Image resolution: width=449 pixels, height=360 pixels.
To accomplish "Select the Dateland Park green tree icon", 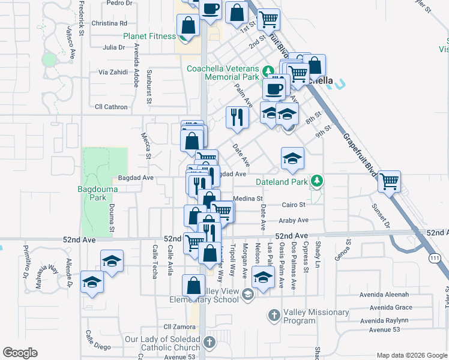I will pyautogui.click(x=316, y=181).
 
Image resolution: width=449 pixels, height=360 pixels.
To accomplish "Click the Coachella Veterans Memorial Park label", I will pyautogui.click(x=223, y=73).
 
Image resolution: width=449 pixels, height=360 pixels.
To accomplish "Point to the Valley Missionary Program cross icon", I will pyautogui.click(x=274, y=314).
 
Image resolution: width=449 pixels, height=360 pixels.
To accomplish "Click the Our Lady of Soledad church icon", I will pyautogui.click(x=209, y=343).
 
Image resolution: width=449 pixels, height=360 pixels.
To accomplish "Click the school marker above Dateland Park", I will pyautogui.click(x=292, y=158).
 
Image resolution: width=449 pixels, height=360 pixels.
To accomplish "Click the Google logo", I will pyautogui.click(x=21, y=353).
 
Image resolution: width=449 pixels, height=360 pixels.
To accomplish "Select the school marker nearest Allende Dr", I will pyautogui.click(x=91, y=281).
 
